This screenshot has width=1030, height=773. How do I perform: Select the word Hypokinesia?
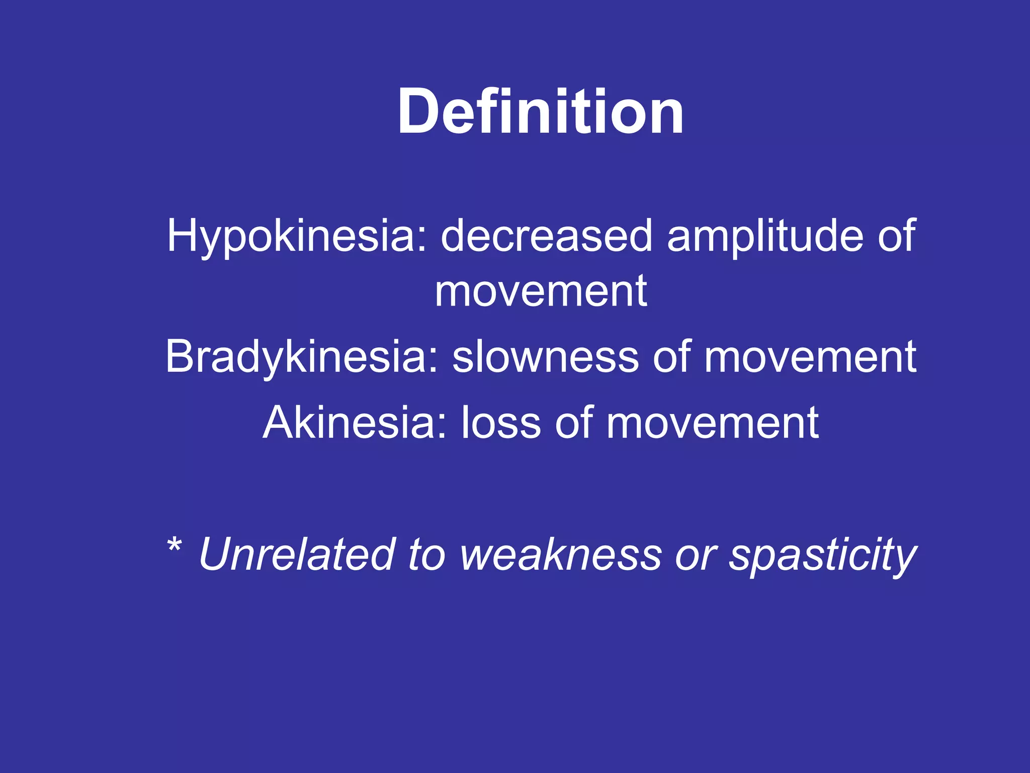click(x=297, y=237)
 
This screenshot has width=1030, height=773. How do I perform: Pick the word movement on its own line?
click(x=541, y=292)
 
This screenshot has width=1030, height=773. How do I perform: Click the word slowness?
click(x=545, y=356)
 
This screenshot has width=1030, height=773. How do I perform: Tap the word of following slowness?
click(x=671, y=356)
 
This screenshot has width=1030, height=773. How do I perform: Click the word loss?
click(x=501, y=423)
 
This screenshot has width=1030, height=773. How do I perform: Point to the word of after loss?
click(x=574, y=423)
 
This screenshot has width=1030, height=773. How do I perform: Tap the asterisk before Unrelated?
click(x=174, y=546)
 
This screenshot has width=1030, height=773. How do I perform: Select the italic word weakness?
click(x=560, y=555)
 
